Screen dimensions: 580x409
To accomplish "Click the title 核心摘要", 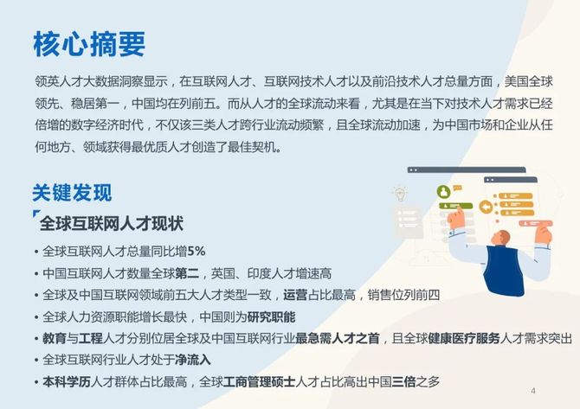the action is tap(89, 44).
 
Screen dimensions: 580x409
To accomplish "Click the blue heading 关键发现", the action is tap(72, 193).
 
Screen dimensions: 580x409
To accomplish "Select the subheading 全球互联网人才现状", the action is tap(112, 224).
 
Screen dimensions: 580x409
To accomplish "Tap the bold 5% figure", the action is tap(197, 252).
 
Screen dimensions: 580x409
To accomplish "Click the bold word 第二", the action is tap(187, 273).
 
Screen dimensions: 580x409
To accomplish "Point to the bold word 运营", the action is tap(295, 295).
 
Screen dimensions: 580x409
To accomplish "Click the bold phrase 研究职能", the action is tap(271, 316).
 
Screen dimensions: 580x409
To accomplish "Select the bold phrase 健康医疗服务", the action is tap(464, 338).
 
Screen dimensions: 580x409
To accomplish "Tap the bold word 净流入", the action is tap(193, 360).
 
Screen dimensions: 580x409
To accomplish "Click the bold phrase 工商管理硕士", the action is tap(259, 381).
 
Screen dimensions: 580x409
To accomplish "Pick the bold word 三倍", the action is tap(404, 381).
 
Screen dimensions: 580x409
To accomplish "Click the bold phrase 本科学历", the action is tap(67, 381).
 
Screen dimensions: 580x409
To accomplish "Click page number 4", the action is tap(533, 391).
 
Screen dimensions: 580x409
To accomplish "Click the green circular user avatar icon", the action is tap(443, 192).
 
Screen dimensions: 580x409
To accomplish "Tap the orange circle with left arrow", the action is tap(486, 207).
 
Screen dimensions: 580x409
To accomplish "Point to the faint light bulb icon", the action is tap(400, 194).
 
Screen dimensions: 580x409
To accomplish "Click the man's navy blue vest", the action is tap(505, 270).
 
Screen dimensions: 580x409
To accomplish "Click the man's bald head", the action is tap(503, 236).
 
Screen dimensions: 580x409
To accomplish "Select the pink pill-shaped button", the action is tap(536, 223).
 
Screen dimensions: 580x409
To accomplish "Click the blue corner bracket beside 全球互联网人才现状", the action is tap(35, 214).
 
